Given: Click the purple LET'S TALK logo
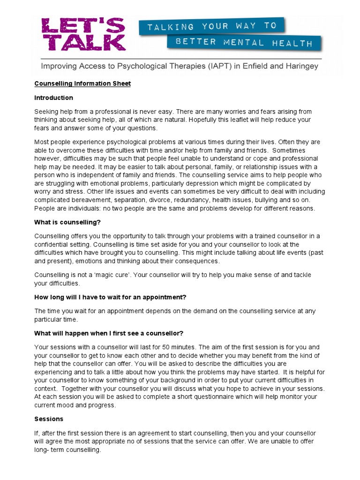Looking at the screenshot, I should [83, 34].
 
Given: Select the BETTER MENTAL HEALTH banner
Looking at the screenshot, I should [244, 43].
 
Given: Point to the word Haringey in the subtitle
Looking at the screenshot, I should [300, 66].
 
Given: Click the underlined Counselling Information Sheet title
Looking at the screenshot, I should [82, 83].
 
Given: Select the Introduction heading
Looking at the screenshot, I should [54, 97].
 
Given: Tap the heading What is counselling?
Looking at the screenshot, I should [67, 222].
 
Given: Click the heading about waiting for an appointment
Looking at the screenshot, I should [111, 297].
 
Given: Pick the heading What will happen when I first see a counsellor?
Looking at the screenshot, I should [109, 333].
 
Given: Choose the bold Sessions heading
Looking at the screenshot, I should [49, 419].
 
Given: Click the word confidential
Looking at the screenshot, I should [55, 245].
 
